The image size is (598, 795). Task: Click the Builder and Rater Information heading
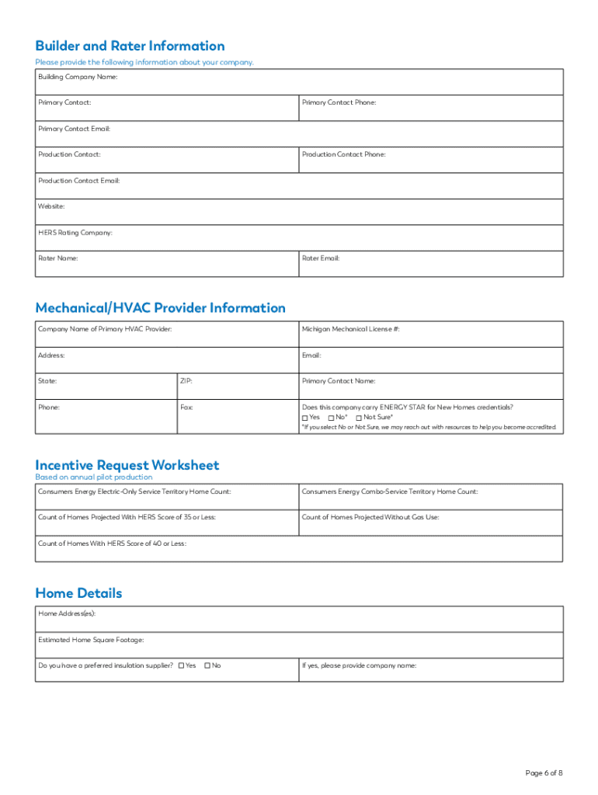tap(130, 46)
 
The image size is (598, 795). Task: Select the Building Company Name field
tap(299, 82)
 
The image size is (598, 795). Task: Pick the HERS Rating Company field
tap(299, 238)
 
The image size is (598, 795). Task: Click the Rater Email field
tap(431, 265)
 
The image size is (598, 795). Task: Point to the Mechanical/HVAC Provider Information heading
tap(160, 308)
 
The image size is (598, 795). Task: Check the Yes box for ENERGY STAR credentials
tap(305, 418)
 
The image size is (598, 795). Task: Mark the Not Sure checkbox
tap(359, 418)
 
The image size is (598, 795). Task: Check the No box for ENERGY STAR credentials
tap(332, 418)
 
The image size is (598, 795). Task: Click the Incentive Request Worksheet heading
tap(127, 465)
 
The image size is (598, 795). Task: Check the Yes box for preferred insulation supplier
tap(182, 665)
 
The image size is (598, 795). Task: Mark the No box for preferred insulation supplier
tap(208, 665)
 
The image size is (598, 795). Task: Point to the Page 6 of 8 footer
tap(544, 772)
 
